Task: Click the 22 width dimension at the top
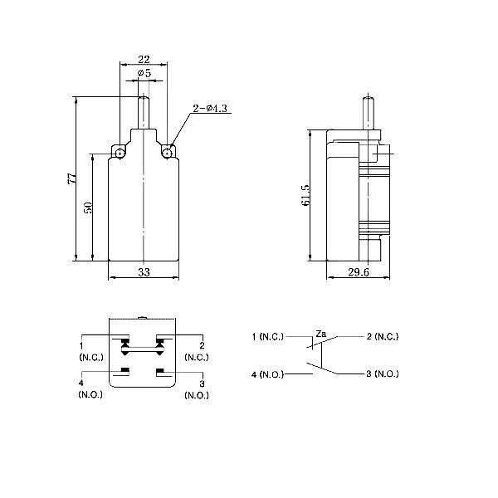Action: click(x=144, y=58)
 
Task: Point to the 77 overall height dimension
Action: click(x=71, y=178)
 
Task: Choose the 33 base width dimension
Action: click(x=144, y=271)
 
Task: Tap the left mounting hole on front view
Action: click(x=120, y=153)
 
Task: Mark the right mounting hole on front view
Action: click(x=168, y=153)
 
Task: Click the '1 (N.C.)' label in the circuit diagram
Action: click(x=267, y=337)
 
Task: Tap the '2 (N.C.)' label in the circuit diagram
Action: click(x=382, y=337)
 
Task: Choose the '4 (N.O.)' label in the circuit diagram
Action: click(x=267, y=375)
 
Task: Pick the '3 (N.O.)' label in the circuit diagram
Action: click(x=382, y=375)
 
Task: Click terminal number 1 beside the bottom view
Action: click(x=81, y=345)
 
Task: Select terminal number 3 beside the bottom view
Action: click(x=203, y=383)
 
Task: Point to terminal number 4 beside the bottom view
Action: click(x=81, y=383)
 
